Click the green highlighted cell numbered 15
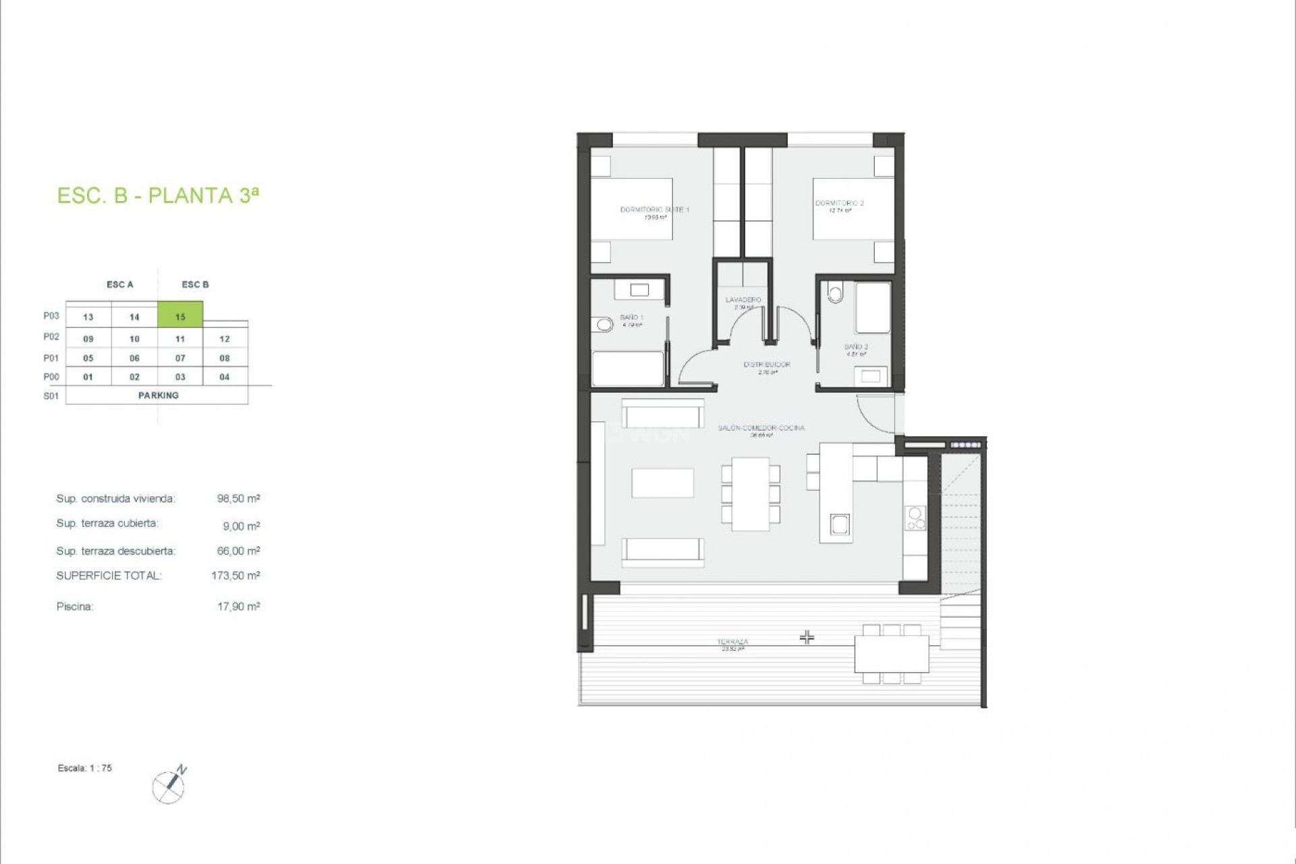[x=180, y=316]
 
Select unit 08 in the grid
[x=225, y=358]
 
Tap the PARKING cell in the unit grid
[x=158, y=396]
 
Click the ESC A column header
[x=120, y=285]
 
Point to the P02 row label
[x=51, y=337]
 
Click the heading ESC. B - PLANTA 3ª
[x=158, y=196]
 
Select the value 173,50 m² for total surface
[x=236, y=576]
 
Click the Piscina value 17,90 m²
[x=238, y=607]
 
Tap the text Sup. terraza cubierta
[x=107, y=524]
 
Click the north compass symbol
[x=169, y=786]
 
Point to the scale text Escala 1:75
[x=85, y=768]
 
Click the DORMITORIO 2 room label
[x=839, y=203]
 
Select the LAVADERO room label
[x=743, y=300]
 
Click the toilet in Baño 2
[x=836, y=294]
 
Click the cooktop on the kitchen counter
[x=915, y=518]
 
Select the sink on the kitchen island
[x=840, y=524]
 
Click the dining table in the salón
[x=751, y=494]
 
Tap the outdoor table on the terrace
[x=891, y=654]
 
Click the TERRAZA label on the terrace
[x=732, y=642]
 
